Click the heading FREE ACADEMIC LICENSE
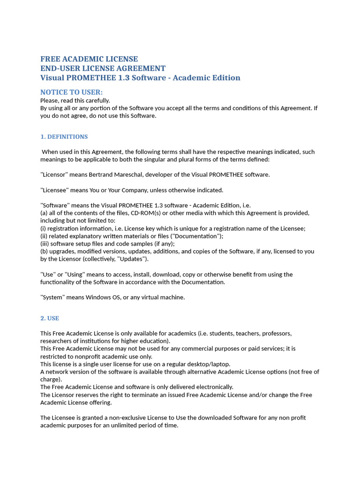[x=89, y=59]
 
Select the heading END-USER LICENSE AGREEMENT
[x=103, y=68]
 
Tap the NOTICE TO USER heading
[x=71, y=92]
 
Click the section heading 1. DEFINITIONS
[x=64, y=137]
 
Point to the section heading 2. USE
[x=50, y=318]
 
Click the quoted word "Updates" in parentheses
[x=134, y=259]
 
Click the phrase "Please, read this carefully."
[x=75, y=100]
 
